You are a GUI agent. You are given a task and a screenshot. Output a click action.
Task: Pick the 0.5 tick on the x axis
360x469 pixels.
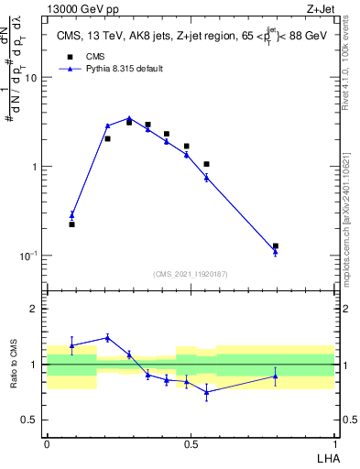coord(191,443)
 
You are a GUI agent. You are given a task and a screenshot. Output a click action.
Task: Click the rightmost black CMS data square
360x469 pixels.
coord(275,245)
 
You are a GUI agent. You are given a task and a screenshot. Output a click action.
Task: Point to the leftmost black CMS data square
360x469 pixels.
coord(71,224)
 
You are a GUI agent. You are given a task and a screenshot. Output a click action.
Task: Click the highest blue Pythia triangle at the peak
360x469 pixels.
coord(129,118)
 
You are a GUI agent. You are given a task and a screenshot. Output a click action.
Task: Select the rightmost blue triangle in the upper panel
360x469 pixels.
coord(275,251)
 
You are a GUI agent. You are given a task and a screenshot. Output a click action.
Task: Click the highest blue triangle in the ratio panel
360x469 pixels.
coord(107,337)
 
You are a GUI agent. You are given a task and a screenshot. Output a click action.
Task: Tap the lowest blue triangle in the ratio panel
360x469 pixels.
coord(206,392)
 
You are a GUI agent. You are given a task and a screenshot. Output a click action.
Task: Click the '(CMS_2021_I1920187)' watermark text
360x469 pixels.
coord(190,273)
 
